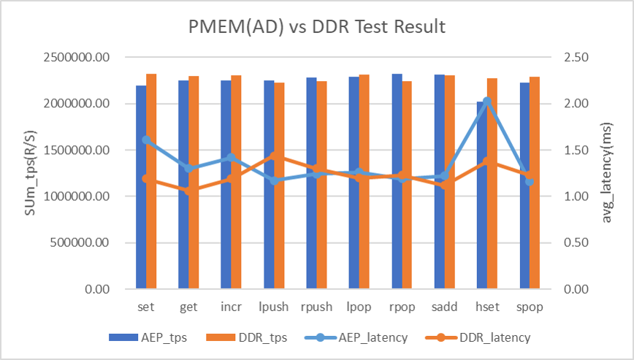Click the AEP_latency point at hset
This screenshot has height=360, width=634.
[x=486, y=102]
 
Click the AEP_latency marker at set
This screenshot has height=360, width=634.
[x=146, y=139]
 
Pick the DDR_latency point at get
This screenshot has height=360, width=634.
[x=189, y=191]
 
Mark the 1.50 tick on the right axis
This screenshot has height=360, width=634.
[x=573, y=150]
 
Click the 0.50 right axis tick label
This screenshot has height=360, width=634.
[x=573, y=242]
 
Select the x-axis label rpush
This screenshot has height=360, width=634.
[x=316, y=307]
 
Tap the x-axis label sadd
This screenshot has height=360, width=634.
[x=444, y=307]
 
